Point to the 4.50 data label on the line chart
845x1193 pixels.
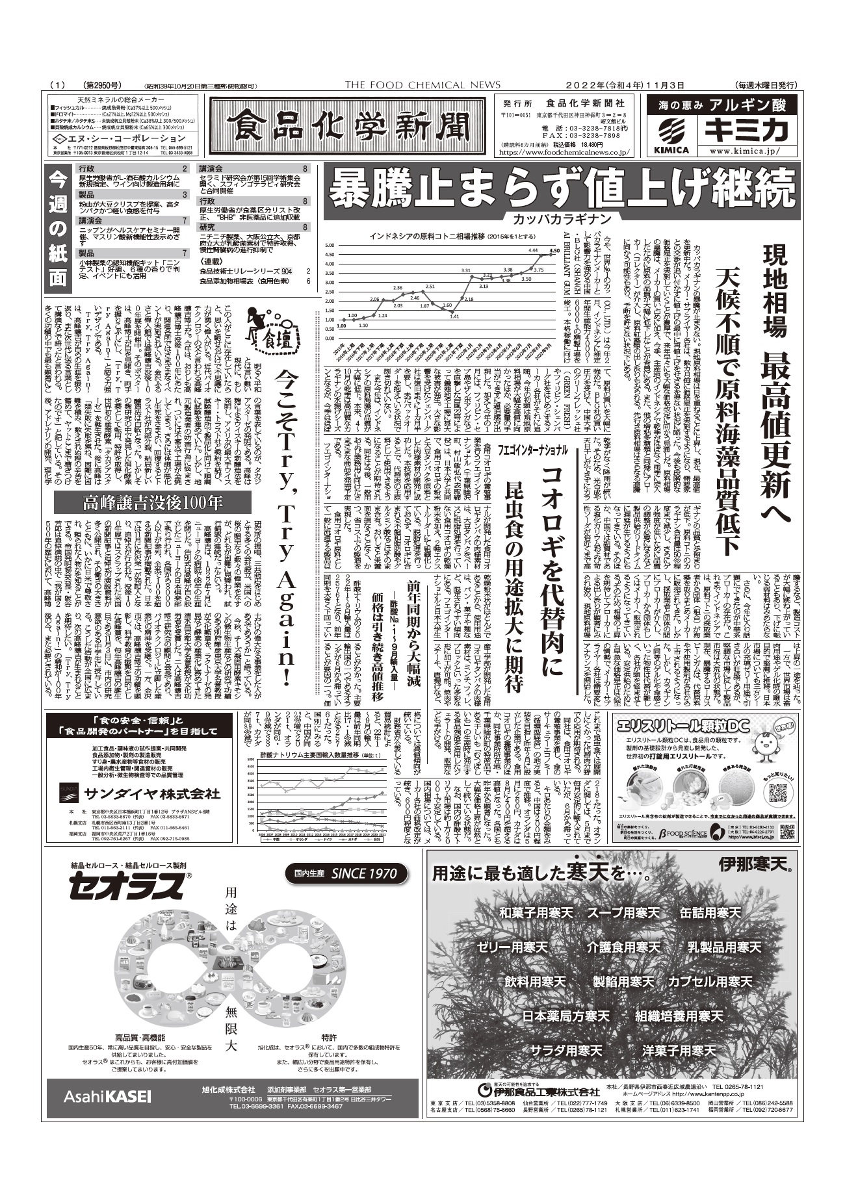coord(554,250)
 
